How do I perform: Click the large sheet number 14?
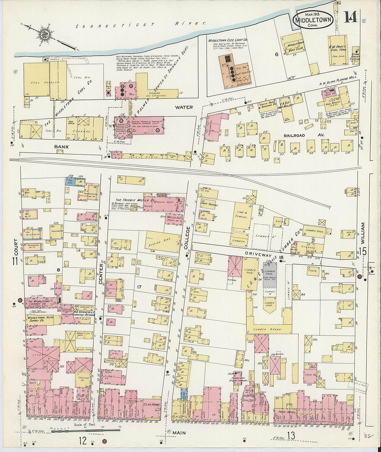point(351,17)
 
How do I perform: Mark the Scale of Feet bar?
point(86,430)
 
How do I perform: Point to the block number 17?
point(139,287)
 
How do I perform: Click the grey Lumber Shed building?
point(270,272)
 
